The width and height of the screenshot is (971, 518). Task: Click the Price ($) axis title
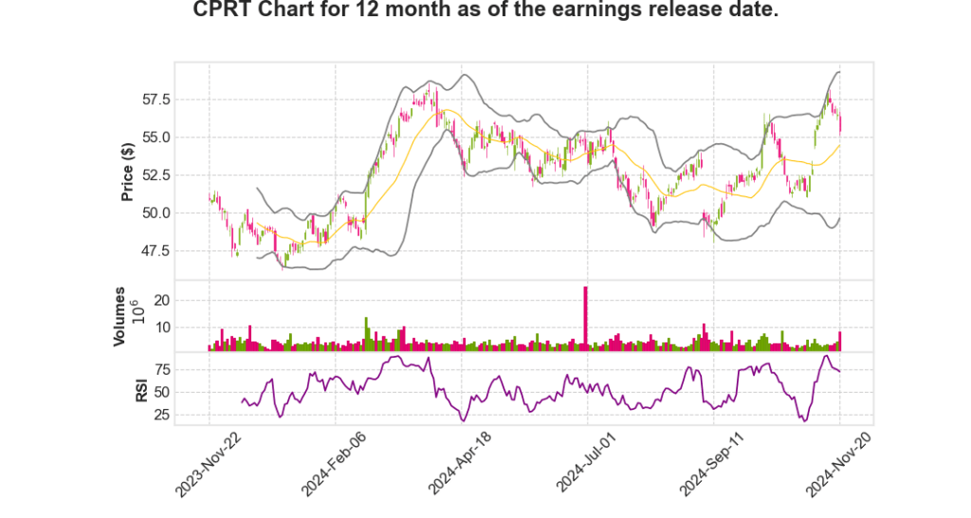127,171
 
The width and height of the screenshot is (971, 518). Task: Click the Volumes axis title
120,317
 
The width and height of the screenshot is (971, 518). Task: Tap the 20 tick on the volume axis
161,300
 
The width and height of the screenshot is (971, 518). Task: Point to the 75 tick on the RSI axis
161,369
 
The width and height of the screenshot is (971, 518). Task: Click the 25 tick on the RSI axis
161,415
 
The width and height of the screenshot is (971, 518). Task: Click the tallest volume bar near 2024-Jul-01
586,318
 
